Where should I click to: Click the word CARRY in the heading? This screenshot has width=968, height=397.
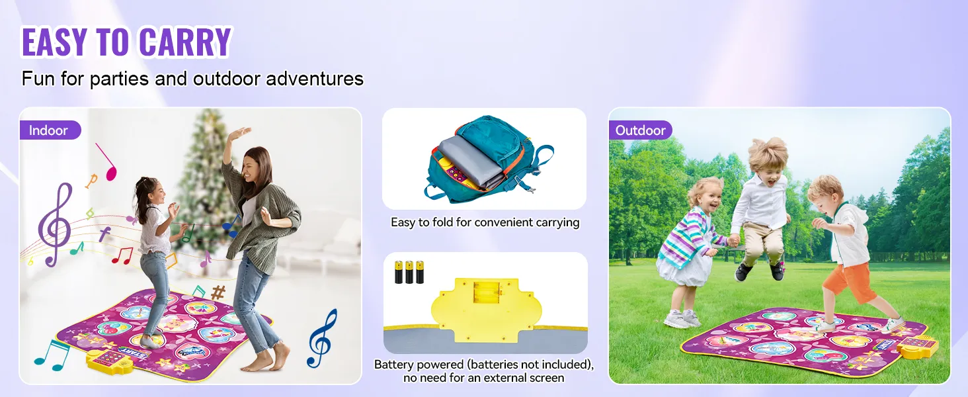click(185, 42)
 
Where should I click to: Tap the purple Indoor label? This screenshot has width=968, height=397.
click(50, 130)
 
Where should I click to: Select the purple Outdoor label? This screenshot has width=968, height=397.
click(640, 130)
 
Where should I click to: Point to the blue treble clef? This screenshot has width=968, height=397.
click(322, 338)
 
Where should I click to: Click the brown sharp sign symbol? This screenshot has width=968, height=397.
click(218, 292)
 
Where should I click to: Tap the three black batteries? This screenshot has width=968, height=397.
click(409, 272)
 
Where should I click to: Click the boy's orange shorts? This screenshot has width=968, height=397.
click(849, 281)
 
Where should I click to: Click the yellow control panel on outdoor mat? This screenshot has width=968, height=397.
click(918, 346)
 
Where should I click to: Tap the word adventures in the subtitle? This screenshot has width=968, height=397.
click(315, 79)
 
